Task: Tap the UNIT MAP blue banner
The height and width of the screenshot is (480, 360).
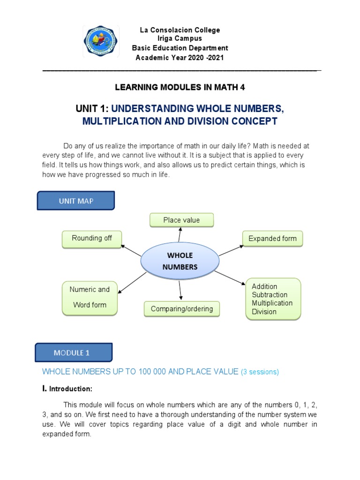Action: point(75,201)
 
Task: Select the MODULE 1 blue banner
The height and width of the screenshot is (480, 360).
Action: point(74,353)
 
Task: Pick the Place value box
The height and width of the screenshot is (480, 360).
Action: point(181,220)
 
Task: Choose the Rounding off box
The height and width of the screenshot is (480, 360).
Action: point(92,239)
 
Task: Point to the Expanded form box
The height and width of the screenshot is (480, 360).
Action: point(272,239)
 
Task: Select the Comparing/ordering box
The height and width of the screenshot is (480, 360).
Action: point(181,309)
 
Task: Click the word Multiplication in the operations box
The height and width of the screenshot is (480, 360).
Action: point(272,303)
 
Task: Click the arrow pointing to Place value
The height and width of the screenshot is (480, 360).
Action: point(180,236)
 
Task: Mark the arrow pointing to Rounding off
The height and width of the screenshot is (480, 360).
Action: point(131,250)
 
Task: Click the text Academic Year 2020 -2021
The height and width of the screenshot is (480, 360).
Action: point(180,58)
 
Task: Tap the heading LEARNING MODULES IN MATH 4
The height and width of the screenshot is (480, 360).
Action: point(180,88)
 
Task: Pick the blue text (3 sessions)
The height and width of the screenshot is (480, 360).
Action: point(260,372)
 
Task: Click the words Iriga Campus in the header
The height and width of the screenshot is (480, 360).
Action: point(180,39)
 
